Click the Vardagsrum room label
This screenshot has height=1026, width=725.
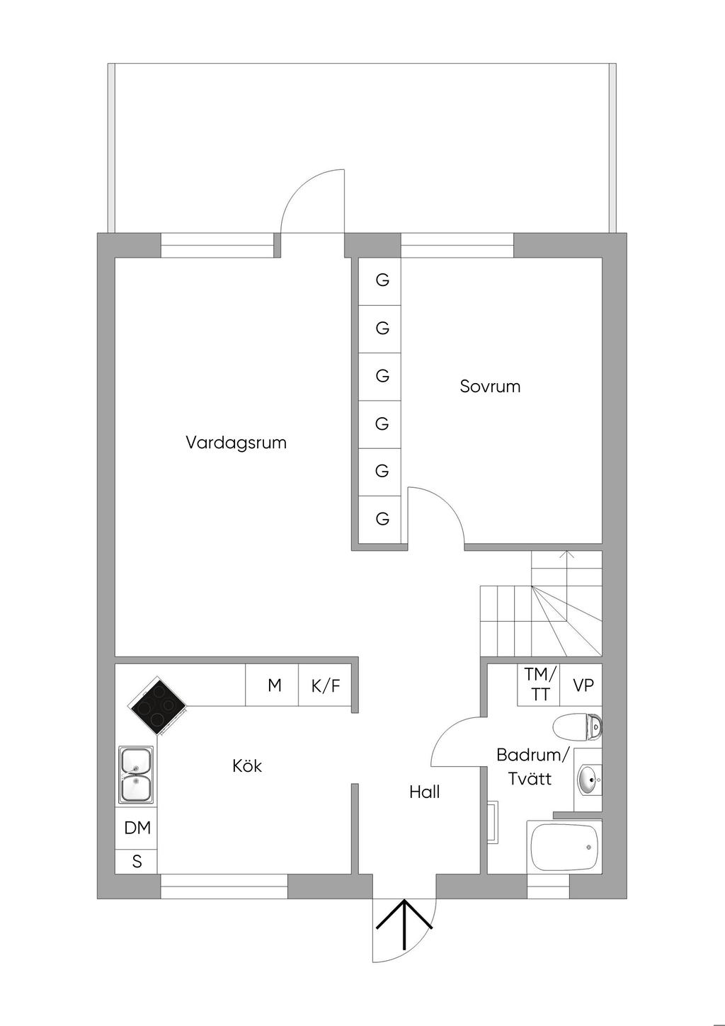(x=236, y=443)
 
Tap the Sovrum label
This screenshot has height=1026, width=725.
(x=490, y=387)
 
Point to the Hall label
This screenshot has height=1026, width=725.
(x=425, y=792)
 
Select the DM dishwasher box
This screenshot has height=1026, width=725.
(x=136, y=828)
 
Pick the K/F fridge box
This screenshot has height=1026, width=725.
(x=325, y=685)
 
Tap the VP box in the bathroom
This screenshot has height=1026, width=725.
(x=581, y=685)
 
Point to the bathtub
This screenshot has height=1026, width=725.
(x=564, y=848)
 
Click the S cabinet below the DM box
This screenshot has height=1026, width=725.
(x=136, y=862)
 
